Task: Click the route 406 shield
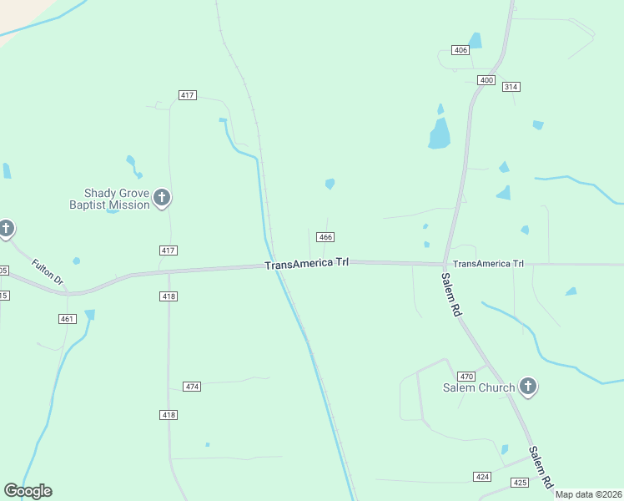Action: click(460, 50)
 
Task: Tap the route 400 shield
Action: click(486, 80)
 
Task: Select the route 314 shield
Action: click(511, 87)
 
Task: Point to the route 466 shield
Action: click(326, 237)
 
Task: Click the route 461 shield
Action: click(68, 319)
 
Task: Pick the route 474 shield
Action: click(193, 387)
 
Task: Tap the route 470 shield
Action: click(466, 376)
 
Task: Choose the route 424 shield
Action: click(482, 477)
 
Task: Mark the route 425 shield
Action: click(520, 483)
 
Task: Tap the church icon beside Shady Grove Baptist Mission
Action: click(162, 198)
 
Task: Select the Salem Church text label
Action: click(478, 387)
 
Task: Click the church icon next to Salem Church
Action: click(527, 387)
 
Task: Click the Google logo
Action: click(28, 491)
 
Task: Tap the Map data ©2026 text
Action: click(589, 494)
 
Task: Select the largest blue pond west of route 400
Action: click(440, 133)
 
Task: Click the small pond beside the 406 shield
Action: click(476, 40)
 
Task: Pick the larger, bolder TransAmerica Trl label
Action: click(307, 264)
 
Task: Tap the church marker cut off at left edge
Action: click(5, 228)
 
